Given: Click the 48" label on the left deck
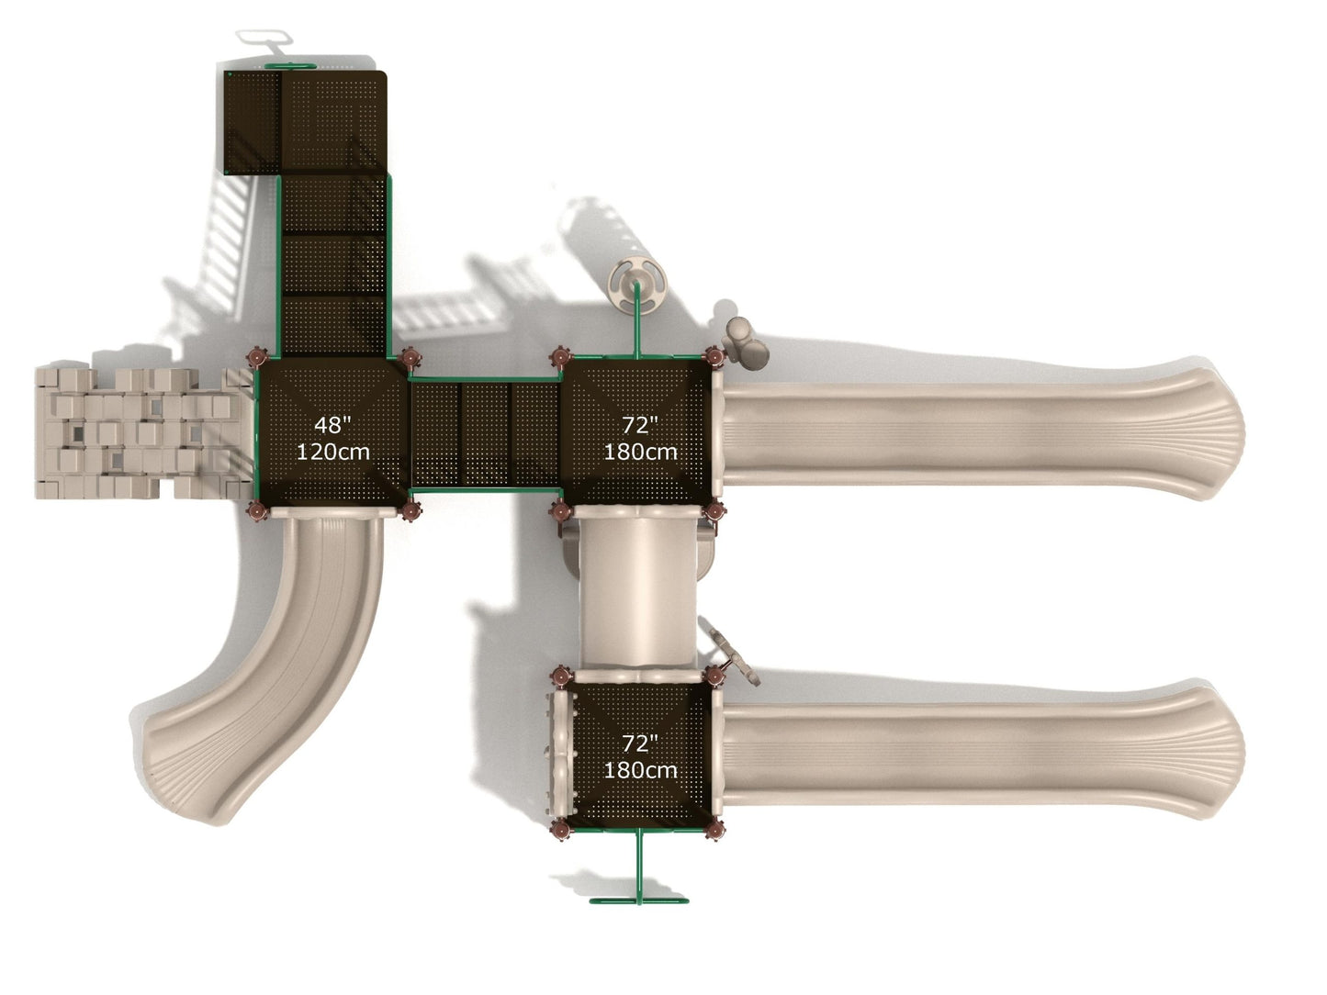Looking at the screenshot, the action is (332, 425).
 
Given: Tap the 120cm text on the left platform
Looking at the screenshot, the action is (333, 452).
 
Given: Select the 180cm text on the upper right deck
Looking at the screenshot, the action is (640, 452).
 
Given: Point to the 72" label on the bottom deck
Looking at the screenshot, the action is (639, 743).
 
